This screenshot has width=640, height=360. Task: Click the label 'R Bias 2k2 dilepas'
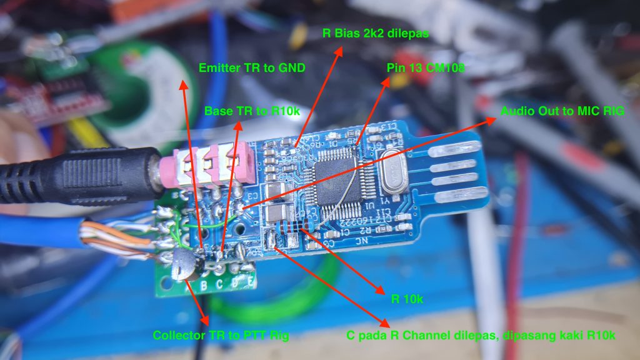376,33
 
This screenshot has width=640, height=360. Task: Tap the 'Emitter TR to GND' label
252,67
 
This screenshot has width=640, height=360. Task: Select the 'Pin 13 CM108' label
426,67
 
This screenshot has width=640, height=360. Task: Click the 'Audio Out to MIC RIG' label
562,111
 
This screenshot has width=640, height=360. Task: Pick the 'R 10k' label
407,299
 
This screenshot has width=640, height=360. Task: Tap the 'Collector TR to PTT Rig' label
221,336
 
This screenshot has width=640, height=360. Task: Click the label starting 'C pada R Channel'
481,336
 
